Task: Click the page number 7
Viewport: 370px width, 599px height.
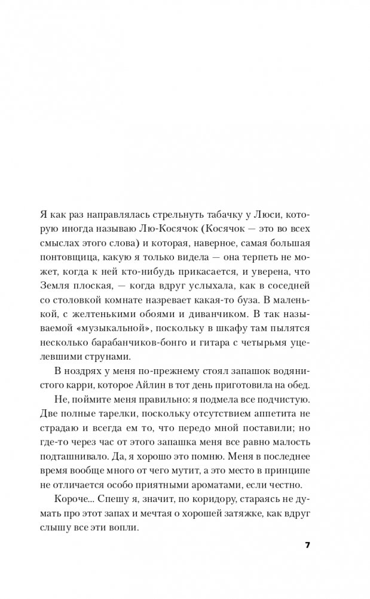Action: (307, 545)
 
